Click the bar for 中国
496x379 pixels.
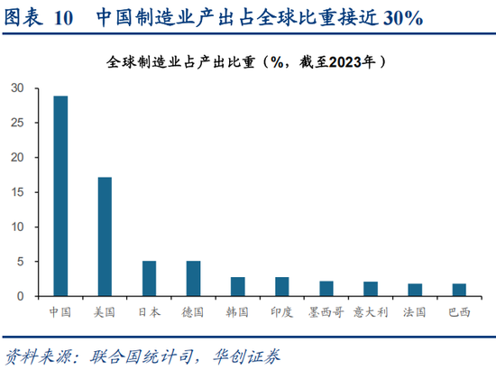60,196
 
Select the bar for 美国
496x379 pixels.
105,236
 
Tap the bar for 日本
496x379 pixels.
149,278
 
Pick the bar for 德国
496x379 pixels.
193,278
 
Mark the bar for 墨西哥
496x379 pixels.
326,288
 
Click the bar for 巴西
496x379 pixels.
458,290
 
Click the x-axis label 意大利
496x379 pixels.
370,312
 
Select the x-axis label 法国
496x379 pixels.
414,312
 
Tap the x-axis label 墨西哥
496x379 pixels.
326,312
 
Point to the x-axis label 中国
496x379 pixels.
60,312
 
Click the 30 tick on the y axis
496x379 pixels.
18,88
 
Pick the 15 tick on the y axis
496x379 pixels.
18,192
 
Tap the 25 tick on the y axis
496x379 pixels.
18,123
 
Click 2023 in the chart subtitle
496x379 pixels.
339,62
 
